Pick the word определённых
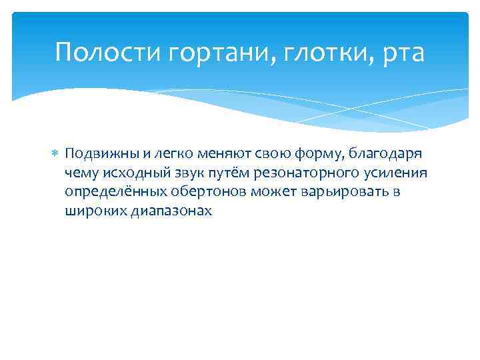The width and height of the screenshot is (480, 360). [x=107, y=192]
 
